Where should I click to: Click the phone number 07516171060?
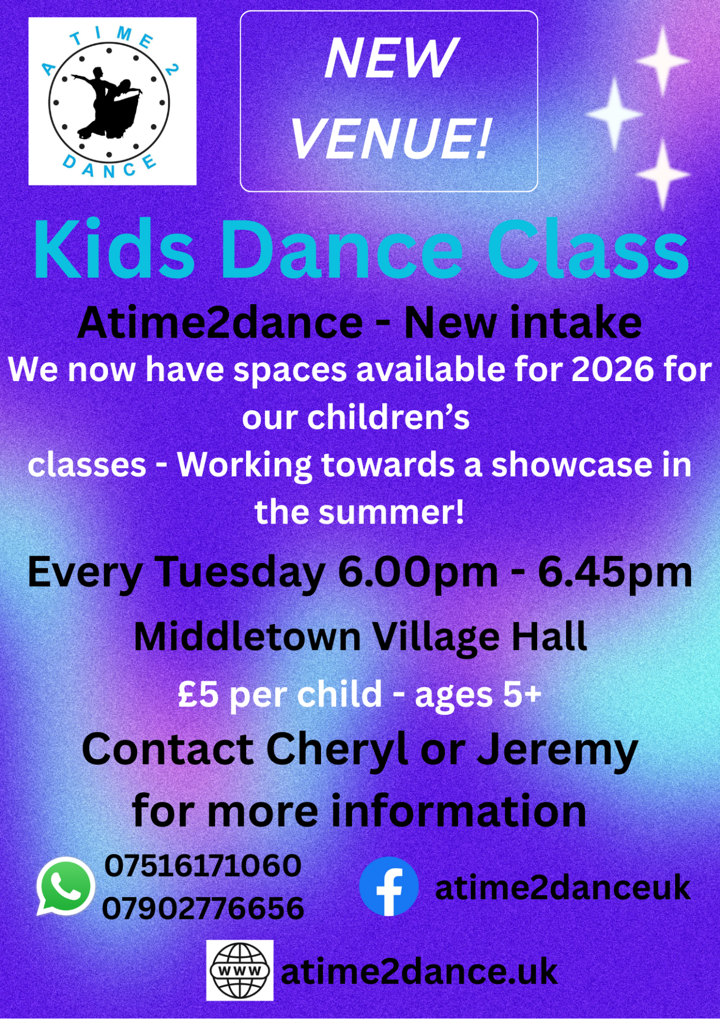203,866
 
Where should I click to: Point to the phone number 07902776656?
203,908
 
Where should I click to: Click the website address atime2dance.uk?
419,972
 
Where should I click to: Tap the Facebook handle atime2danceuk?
562,888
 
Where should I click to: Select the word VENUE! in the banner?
391,138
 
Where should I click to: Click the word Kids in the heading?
114,249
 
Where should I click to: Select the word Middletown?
247,637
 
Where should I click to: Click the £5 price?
198,694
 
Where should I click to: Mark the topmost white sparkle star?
663,61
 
